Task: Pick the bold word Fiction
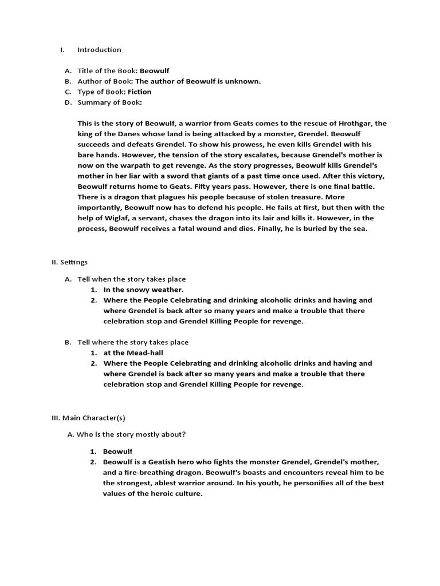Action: [x=140, y=92]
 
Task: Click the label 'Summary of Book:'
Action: [x=109, y=102]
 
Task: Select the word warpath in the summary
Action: [x=122, y=165]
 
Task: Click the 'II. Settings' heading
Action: [x=70, y=262]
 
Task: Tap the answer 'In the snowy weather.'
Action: [x=143, y=290]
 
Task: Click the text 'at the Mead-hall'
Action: [x=133, y=353]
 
